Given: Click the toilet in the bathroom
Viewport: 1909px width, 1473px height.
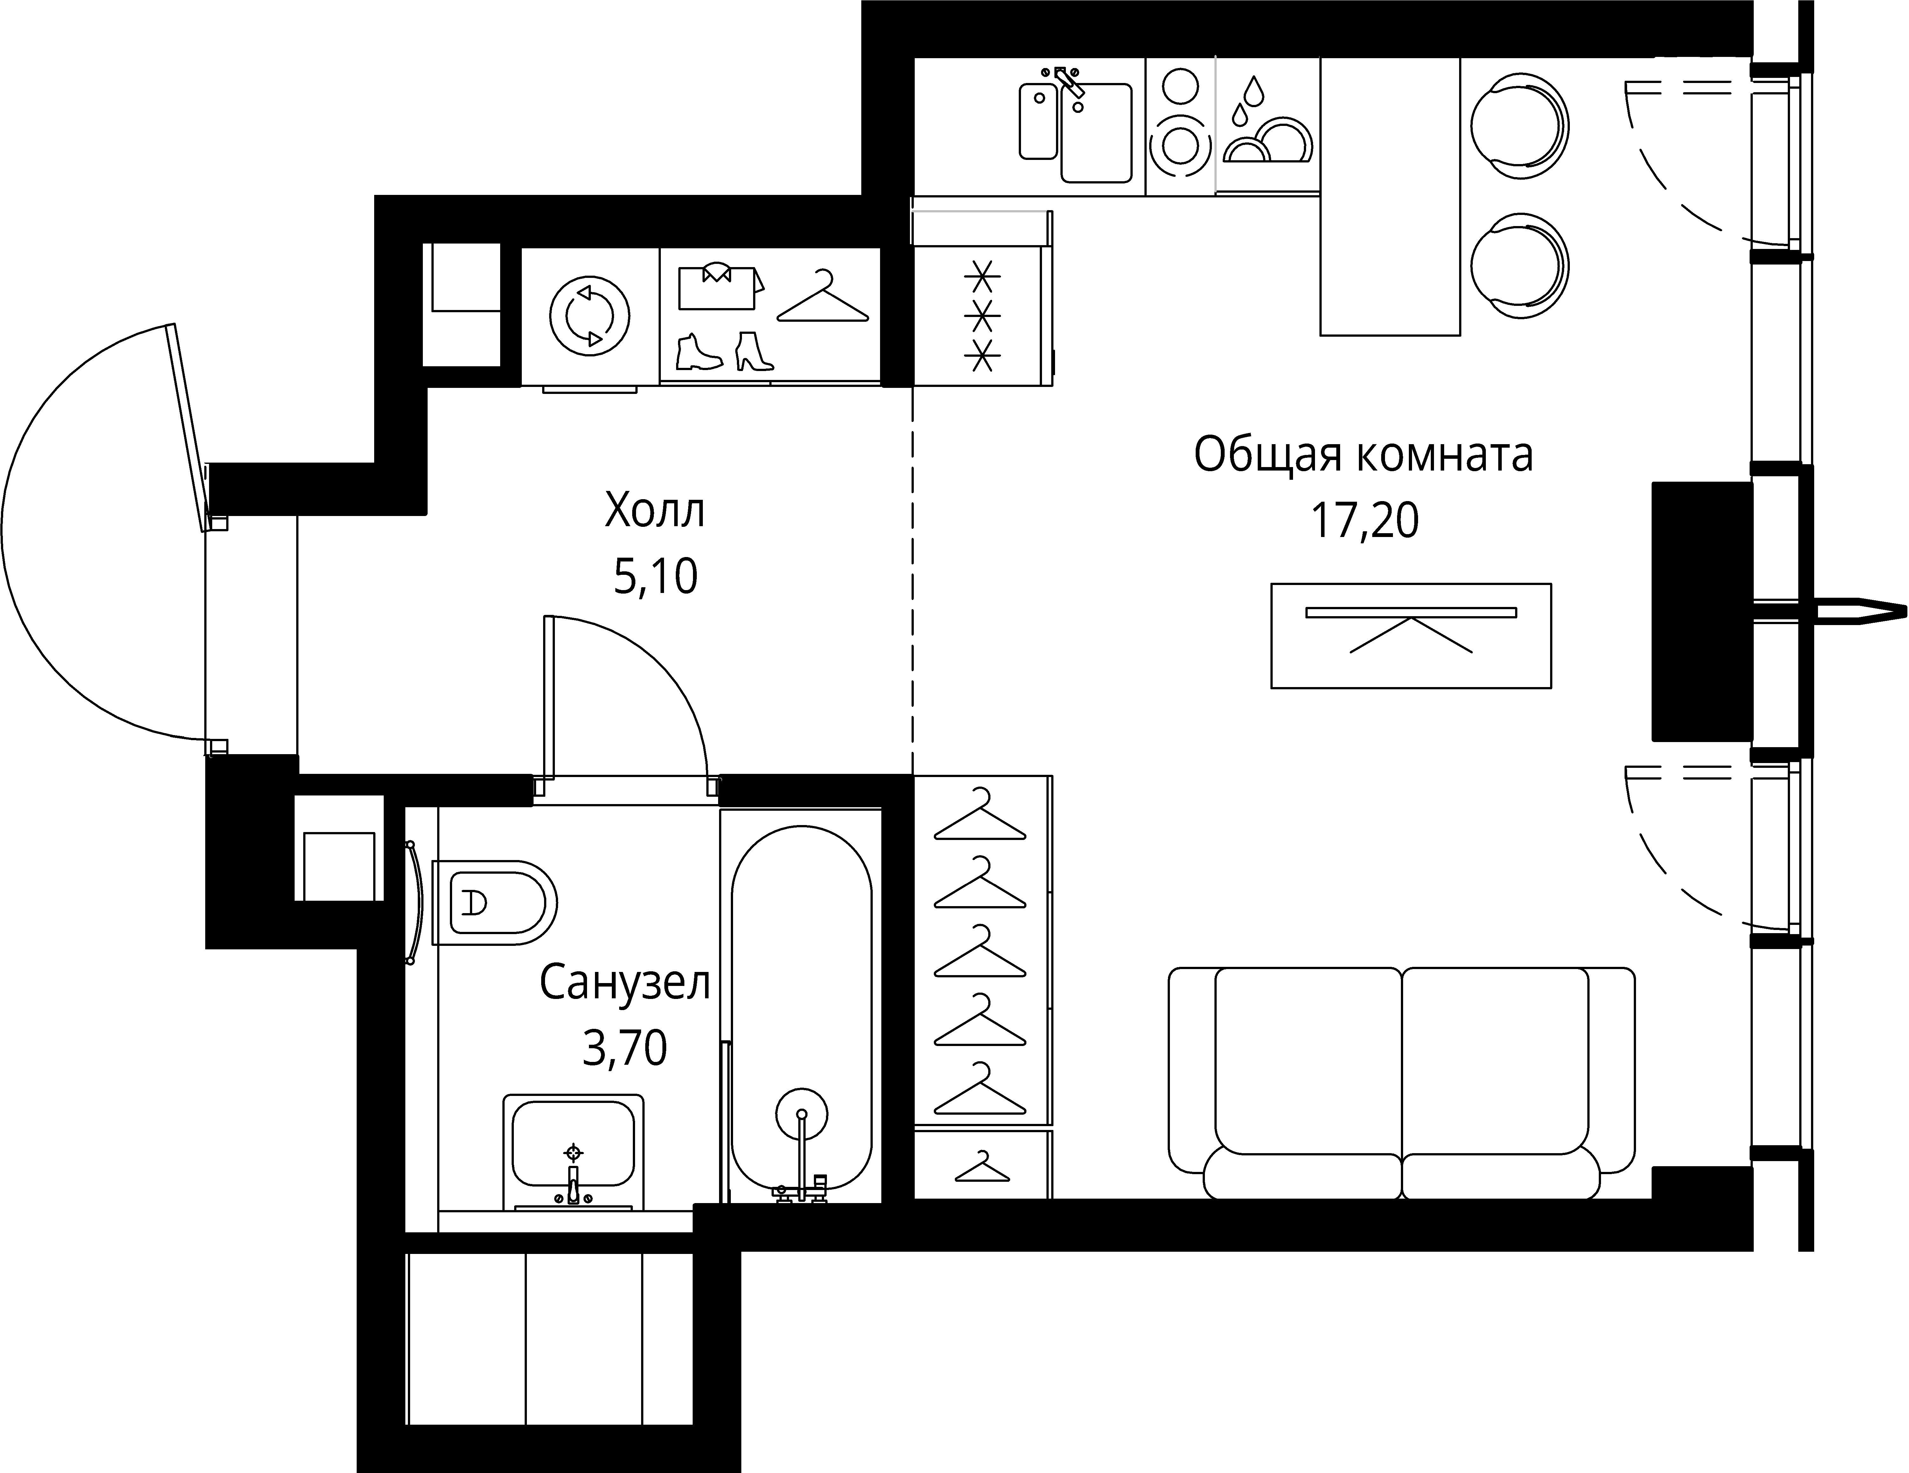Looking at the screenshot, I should pyautogui.click(x=494, y=903).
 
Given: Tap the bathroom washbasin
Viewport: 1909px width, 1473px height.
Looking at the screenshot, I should pyautogui.click(x=572, y=1145).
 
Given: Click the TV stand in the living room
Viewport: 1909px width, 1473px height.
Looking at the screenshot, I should pyautogui.click(x=1411, y=635).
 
